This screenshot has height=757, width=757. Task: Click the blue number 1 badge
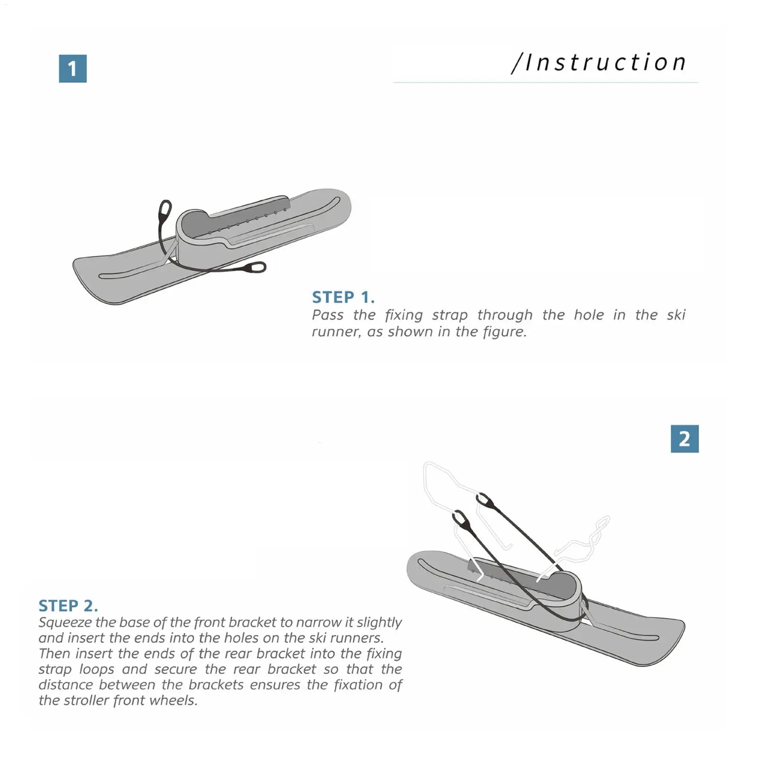72,69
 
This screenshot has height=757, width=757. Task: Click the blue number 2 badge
684,439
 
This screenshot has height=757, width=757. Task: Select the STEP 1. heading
343,297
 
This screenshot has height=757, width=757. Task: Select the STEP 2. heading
68,606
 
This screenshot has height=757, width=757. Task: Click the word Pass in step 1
327,315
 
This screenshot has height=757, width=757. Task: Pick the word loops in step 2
96,669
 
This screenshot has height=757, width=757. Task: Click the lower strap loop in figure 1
255,268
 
